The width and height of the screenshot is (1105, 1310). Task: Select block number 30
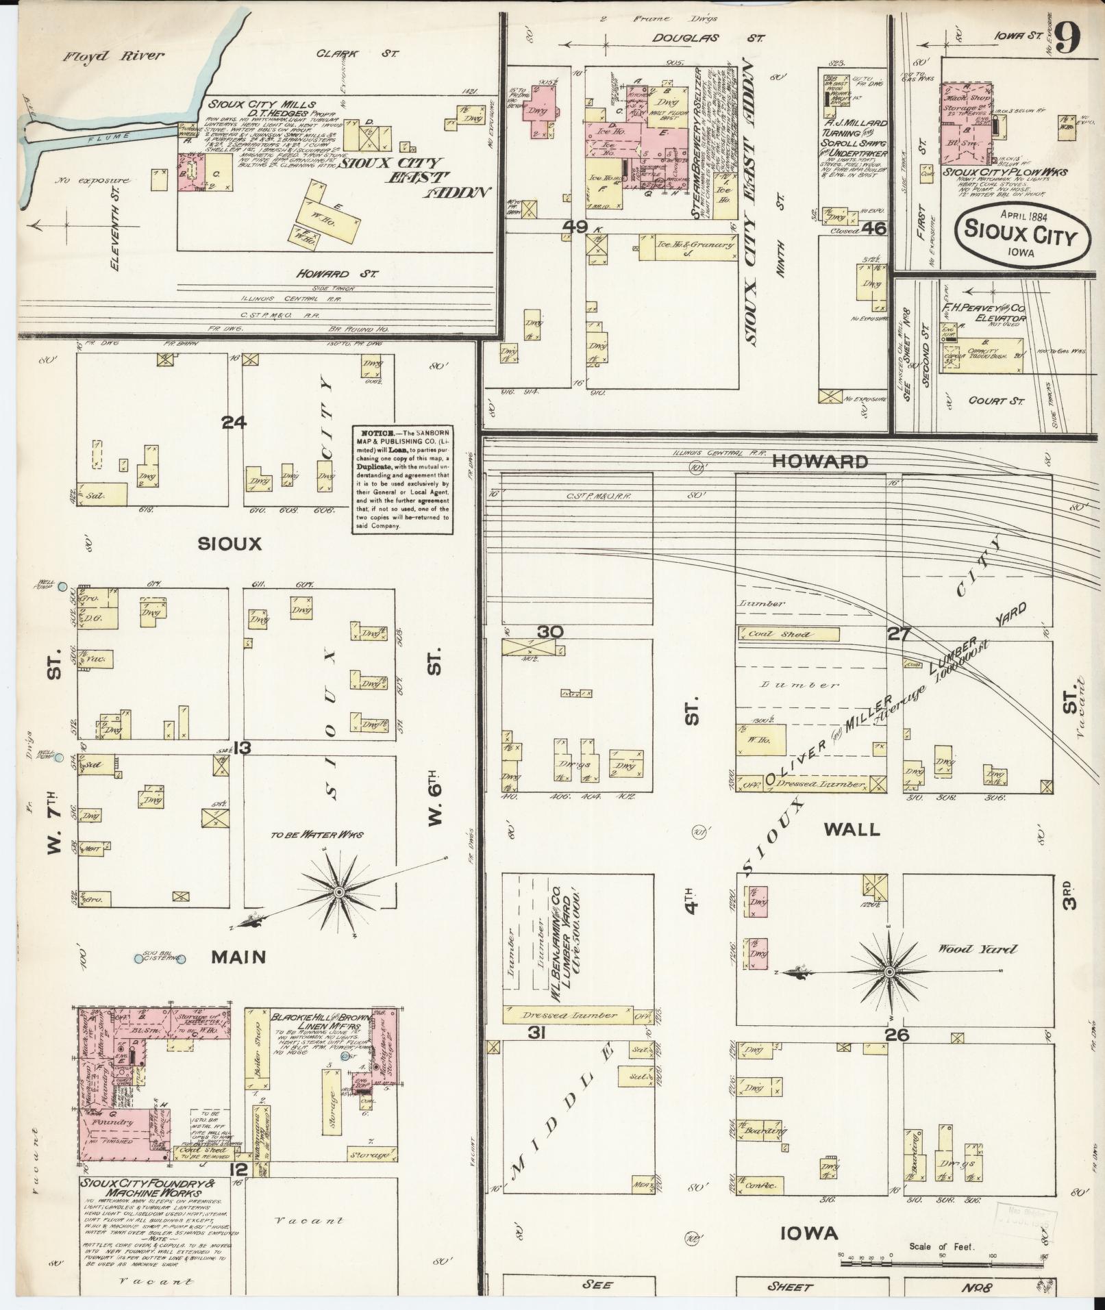coord(549,631)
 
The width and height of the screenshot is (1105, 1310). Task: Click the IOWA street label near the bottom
coord(809,1233)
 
